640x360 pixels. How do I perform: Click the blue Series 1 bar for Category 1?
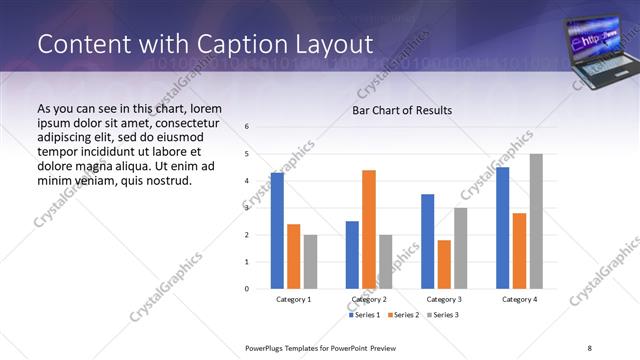pos(277,231)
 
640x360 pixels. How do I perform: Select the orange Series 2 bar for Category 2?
pos(369,229)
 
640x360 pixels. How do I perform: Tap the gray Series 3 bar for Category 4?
pos(536,221)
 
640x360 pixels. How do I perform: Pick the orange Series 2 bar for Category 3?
pos(444,264)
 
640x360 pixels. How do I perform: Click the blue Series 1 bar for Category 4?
pos(502,228)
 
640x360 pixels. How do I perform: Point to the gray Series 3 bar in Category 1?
pos(310,262)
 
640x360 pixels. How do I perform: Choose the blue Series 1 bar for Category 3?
pos(427,241)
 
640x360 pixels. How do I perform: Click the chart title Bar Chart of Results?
pos(402,110)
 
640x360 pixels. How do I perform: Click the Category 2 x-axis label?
pos(369,299)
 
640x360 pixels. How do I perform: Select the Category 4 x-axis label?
pos(519,299)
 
